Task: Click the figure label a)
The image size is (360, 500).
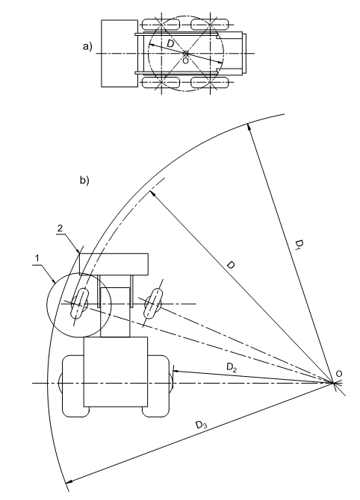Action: (87, 47)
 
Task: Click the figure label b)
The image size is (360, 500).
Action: (84, 181)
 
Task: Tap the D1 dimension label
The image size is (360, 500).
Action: (299, 246)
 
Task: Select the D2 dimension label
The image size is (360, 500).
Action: (232, 367)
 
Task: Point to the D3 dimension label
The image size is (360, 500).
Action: (201, 425)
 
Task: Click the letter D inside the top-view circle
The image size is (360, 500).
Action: (171, 44)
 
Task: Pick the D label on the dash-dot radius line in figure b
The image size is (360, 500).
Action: (231, 265)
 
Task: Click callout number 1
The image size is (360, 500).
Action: (37, 258)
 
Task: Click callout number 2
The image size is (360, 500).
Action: (60, 228)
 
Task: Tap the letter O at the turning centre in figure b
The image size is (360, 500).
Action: (339, 373)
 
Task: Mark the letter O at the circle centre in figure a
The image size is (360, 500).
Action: (185, 60)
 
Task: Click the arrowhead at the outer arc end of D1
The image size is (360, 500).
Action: (248, 127)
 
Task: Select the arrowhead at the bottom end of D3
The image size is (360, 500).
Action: (68, 481)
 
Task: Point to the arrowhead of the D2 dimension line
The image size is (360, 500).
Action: (176, 371)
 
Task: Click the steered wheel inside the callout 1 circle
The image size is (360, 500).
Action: (79, 303)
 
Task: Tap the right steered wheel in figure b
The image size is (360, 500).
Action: (153, 303)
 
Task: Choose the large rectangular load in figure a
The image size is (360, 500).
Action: (120, 53)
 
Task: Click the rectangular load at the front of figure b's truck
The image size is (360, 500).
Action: (114, 264)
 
